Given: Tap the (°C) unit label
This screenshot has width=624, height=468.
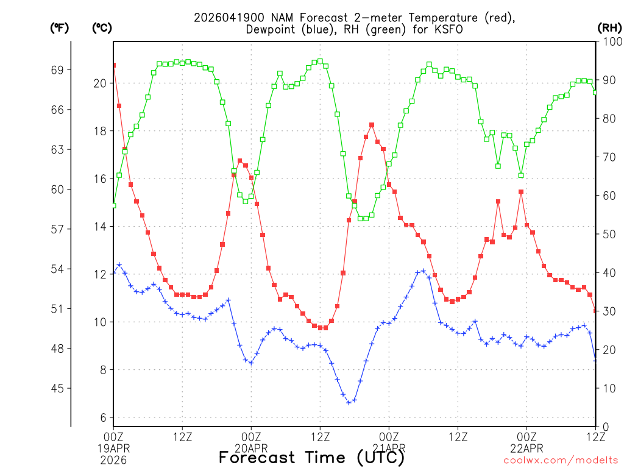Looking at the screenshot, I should pyautogui.click(x=101, y=28).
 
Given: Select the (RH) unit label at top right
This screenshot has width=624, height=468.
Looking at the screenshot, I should pyautogui.click(x=609, y=28).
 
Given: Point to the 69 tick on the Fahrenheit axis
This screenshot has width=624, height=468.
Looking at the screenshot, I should pyautogui.click(x=57, y=70).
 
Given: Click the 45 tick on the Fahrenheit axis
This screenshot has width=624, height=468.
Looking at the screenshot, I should pyautogui.click(x=57, y=388).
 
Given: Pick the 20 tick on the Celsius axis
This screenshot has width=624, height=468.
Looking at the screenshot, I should pyautogui.click(x=101, y=83).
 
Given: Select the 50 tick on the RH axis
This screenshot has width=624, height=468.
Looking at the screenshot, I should pyautogui.click(x=608, y=234).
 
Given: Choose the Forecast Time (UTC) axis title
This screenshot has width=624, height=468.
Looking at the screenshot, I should pyautogui.click(x=311, y=457).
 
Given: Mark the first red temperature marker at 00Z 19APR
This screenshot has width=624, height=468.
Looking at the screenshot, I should pyautogui.click(x=113, y=65).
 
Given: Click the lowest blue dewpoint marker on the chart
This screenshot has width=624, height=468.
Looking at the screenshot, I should pyautogui.click(x=349, y=402).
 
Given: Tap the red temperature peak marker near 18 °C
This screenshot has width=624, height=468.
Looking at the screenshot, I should pyautogui.click(x=372, y=125).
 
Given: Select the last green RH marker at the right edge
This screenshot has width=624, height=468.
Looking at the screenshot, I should pyautogui.click(x=595, y=93).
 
